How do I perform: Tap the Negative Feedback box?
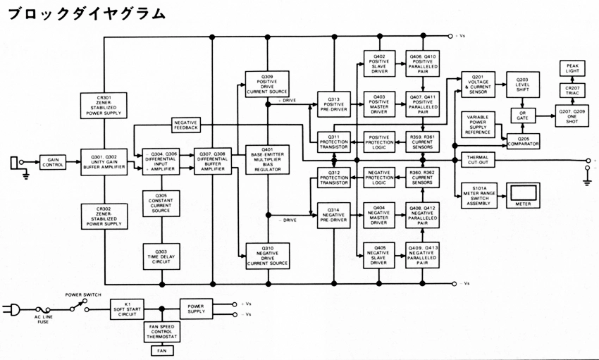(186, 125)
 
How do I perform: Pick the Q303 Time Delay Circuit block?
(162, 254)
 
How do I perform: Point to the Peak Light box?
(572, 68)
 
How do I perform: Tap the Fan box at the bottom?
(162, 350)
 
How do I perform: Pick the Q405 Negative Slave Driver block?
(381, 254)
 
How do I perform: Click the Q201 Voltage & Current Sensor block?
(477, 85)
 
